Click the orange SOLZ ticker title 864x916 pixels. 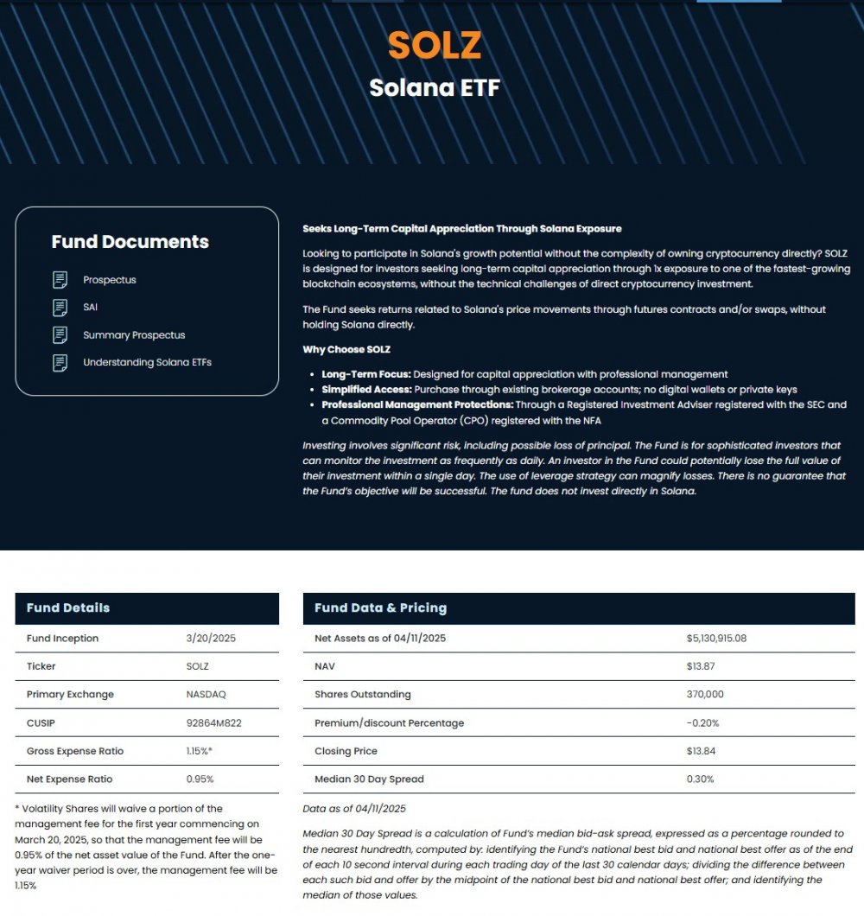click(x=434, y=46)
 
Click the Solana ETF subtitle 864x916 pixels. click(x=434, y=88)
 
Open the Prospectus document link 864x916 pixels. click(x=110, y=280)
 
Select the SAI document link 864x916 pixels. click(x=92, y=307)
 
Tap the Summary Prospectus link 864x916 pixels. click(x=134, y=334)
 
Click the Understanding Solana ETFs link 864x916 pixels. click(x=147, y=362)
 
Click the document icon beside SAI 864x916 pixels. click(x=60, y=307)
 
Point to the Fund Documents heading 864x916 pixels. click(x=130, y=242)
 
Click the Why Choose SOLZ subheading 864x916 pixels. click(x=346, y=349)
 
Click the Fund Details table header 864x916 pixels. click(x=68, y=607)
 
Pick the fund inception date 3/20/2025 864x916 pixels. click(x=211, y=639)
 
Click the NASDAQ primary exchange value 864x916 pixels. click(x=210, y=695)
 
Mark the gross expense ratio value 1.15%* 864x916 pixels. click(x=200, y=751)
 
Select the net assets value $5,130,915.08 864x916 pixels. click(x=716, y=639)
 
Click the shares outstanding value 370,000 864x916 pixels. click(x=705, y=695)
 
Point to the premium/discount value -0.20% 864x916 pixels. click(x=702, y=722)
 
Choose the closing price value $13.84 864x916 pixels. click(x=701, y=751)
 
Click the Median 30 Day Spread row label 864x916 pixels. click(x=369, y=779)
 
